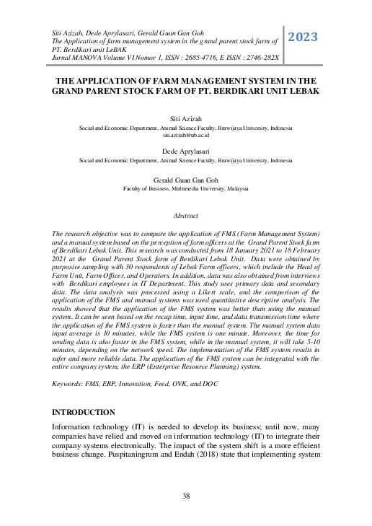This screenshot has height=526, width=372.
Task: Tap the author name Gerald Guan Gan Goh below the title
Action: tap(186, 180)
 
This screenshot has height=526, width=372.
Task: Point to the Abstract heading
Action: tap(186, 216)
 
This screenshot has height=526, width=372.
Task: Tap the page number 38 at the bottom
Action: tap(186, 496)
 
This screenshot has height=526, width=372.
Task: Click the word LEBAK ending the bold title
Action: tap(300, 92)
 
